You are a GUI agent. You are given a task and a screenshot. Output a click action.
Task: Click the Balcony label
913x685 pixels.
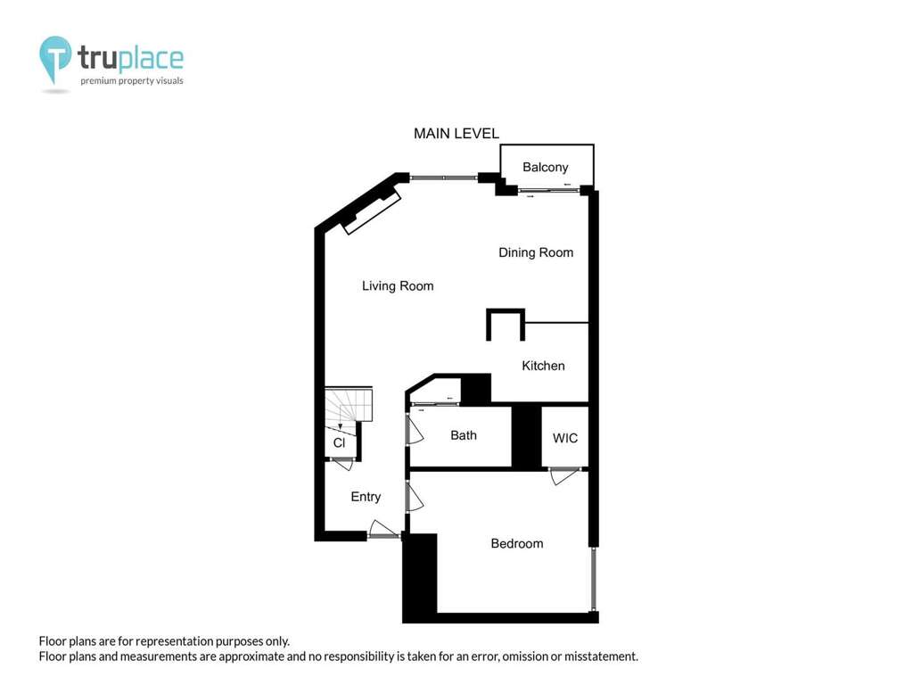tap(545, 167)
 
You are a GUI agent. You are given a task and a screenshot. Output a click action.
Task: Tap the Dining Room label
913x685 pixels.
tap(536, 252)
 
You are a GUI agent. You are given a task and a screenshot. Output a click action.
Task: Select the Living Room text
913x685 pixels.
tap(398, 286)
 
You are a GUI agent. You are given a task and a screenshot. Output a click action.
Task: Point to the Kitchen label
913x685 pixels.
tap(543, 366)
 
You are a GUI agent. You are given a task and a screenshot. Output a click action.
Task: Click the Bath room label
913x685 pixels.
tap(464, 435)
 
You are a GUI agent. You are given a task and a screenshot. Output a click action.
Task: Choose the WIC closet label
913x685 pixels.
tap(564, 438)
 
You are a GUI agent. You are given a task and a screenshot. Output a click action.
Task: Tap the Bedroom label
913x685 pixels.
tap(517, 543)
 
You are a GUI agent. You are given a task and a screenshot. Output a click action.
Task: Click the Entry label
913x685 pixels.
tap(366, 497)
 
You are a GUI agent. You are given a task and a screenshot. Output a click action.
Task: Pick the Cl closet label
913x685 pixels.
tap(339, 442)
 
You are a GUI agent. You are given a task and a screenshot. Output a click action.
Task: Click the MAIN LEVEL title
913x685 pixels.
tap(456, 134)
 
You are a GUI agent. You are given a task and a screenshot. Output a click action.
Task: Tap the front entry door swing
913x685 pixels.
tap(383, 529)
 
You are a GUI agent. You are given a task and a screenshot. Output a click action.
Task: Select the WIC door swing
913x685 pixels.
tap(563, 476)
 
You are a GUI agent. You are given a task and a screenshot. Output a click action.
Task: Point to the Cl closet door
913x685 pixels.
tap(343, 464)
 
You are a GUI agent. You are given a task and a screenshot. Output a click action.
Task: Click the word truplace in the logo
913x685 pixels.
tap(131, 58)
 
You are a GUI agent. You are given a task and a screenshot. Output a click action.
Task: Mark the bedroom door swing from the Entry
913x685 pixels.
tap(415, 497)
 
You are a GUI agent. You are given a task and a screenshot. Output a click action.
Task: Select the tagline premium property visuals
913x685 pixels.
tap(132, 81)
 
